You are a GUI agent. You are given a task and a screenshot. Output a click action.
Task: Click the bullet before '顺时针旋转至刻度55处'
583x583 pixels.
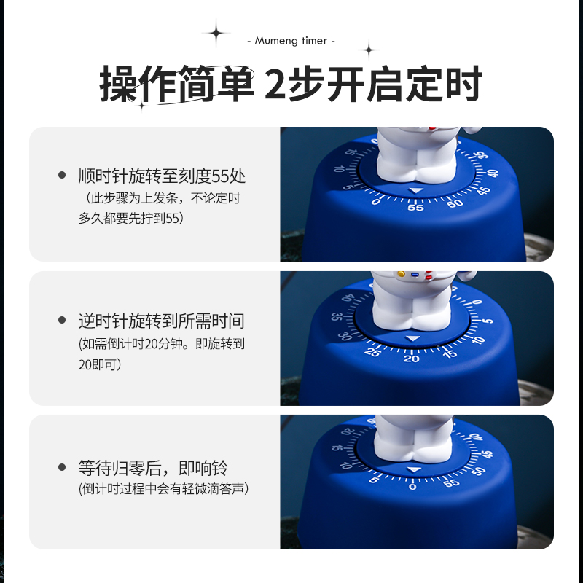[62, 176]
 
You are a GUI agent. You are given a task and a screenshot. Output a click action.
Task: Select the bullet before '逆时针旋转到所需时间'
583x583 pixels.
[62, 321]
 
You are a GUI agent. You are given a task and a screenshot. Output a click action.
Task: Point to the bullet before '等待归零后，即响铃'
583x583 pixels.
[62, 467]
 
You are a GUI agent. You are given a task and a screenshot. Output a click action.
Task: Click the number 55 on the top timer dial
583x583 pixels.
[415, 208]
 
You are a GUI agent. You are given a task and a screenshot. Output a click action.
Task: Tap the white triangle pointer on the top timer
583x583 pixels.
[415, 191]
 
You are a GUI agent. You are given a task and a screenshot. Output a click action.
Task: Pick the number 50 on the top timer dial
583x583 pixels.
[455, 203]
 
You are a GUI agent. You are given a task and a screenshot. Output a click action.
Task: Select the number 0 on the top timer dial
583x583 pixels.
[376, 202]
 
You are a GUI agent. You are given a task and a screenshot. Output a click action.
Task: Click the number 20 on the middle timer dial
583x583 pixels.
[412, 358]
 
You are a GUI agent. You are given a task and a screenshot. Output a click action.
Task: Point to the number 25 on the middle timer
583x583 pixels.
[372, 352]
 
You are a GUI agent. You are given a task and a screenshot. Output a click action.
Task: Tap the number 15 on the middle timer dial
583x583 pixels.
[450, 353]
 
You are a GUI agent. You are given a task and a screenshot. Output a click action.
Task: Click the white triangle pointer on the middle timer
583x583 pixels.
[413, 339]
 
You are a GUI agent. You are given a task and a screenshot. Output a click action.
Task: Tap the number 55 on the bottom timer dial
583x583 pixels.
[452, 482]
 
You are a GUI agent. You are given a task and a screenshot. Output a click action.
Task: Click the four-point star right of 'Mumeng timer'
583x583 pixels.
[369, 50]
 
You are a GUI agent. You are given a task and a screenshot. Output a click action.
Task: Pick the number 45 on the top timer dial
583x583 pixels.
[482, 191]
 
